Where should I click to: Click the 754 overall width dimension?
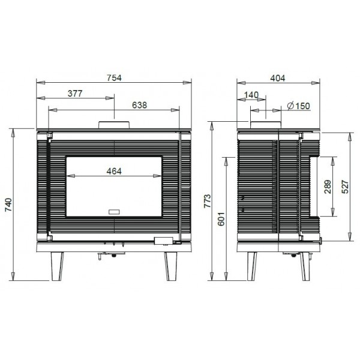pos(114,78)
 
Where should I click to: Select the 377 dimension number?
pos(75,94)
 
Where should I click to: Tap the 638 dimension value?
pos(139,105)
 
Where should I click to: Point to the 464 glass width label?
pos(114,171)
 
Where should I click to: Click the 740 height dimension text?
pos(8,205)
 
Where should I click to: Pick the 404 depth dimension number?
pos(278,78)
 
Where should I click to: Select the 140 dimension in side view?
pos(251,95)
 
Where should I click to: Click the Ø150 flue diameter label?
pos(299,106)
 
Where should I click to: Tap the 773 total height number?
pos(208,201)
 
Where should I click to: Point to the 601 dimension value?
pos(221,219)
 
